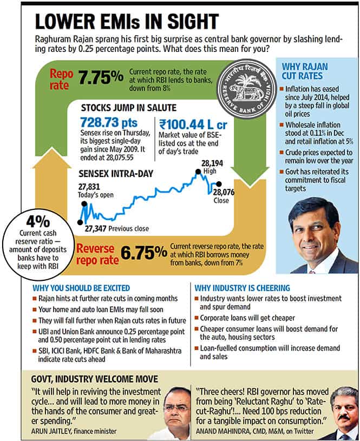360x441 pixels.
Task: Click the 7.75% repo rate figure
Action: [101, 77]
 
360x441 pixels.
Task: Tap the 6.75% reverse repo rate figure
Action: [144, 253]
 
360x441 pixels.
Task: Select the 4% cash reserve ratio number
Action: [38, 222]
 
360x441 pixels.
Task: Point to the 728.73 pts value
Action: [109, 123]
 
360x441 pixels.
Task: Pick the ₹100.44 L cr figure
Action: [193, 124]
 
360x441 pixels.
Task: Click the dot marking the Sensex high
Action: [198, 172]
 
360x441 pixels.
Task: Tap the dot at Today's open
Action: [84, 204]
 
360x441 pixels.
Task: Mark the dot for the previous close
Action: [80, 222]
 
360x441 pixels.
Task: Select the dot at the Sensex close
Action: [218, 185]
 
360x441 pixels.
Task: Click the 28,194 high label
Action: [212, 163]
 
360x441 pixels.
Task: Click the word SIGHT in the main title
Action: [193, 22]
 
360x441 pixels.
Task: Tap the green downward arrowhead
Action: [250, 177]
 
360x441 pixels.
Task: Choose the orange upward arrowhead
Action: [51, 159]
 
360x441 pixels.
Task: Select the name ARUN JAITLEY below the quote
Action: [51, 431]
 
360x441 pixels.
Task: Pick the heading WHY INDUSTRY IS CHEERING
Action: [242, 288]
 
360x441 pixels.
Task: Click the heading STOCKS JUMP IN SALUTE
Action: [129, 108]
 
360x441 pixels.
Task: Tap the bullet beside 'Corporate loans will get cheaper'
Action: [197, 318]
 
